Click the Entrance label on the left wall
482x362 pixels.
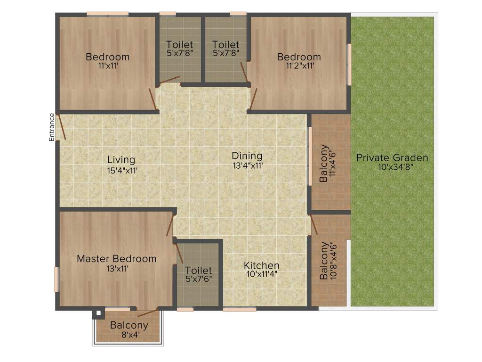(52, 127)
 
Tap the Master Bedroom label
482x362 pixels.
(116, 258)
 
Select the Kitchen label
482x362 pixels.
(261, 265)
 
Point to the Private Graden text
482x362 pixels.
(392, 157)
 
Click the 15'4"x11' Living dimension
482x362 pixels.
(122, 171)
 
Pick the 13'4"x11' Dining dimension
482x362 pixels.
(247, 165)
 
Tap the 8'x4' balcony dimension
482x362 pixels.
(129, 335)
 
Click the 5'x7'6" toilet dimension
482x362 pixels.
(198, 279)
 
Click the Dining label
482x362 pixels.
(247, 156)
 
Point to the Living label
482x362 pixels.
(121, 160)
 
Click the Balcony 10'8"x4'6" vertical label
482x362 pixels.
(328, 261)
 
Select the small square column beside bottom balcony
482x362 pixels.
(98, 313)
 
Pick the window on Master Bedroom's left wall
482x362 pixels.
(56, 279)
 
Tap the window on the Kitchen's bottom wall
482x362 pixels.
(240, 309)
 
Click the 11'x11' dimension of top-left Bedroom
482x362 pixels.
(107, 66)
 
